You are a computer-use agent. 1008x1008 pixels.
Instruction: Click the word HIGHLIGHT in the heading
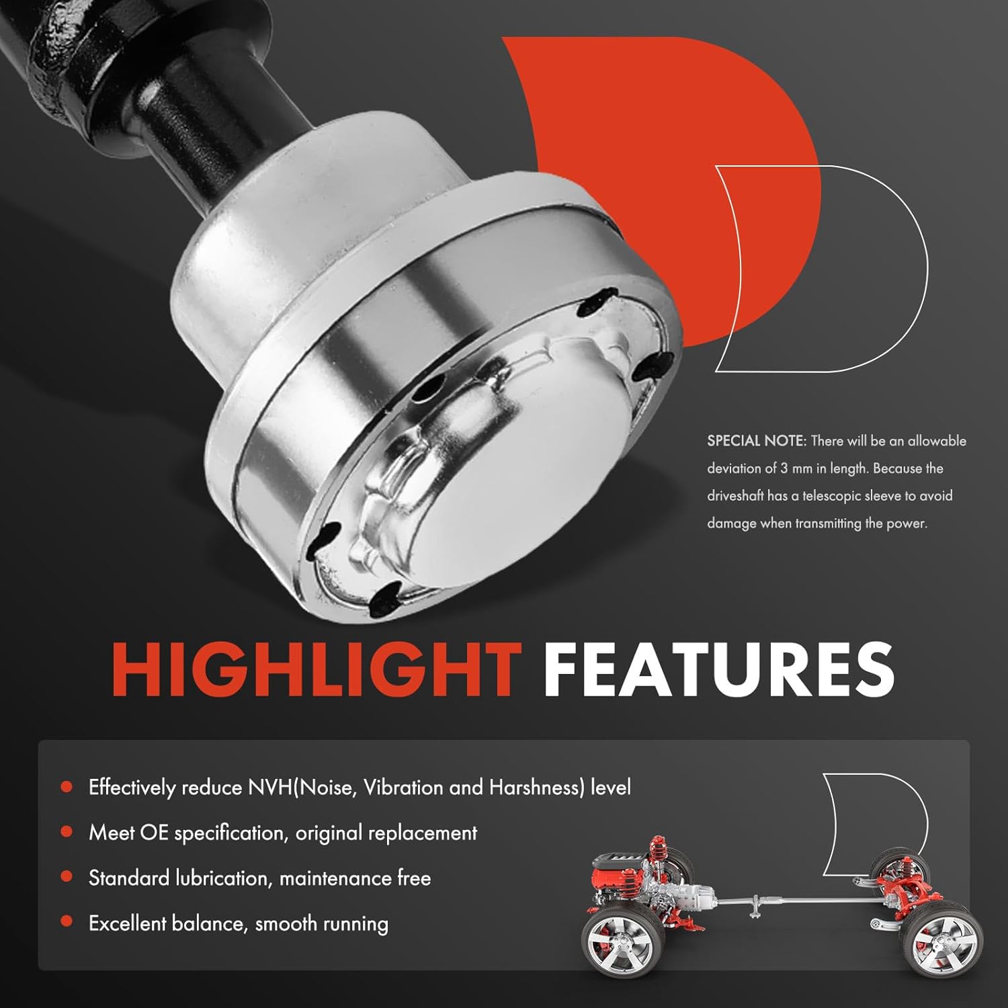pos(316,670)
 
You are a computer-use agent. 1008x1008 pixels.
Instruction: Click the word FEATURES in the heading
pos(718,670)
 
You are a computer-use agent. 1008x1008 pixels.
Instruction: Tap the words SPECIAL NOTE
pos(755,441)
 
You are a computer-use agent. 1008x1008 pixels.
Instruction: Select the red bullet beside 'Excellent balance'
pos(67,921)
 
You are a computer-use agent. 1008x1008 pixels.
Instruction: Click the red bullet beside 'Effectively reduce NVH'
pos(67,786)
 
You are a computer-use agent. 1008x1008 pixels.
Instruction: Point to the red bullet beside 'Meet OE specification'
pos(67,831)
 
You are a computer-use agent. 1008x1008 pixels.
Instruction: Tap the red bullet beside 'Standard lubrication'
pos(67,876)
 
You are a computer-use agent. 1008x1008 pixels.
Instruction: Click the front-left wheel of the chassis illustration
pos(616,944)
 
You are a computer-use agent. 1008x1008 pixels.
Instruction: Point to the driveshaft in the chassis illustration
pos(793,899)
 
